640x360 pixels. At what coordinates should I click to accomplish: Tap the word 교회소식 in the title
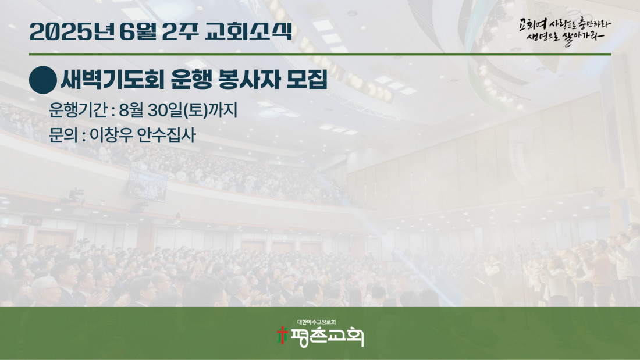tap(248, 31)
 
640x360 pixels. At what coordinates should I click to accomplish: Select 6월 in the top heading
tap(138, 31)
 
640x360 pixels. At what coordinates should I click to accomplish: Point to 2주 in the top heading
tap(180, 31)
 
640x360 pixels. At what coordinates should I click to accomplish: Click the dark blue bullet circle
tap(43, 80)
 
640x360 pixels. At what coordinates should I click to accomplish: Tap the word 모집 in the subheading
tap(307, 80)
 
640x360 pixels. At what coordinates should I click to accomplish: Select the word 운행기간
tap(78, 110)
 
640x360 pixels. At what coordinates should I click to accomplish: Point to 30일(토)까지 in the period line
tap(193, 110)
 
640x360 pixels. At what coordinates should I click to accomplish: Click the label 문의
tap(63, 135)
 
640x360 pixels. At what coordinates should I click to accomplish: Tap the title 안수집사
tap(166, 135)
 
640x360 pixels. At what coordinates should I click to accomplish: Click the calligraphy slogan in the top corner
tap(565, 31)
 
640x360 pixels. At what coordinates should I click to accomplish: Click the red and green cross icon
tap(282, 335)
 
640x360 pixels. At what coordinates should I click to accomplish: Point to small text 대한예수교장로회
tap(317, 322)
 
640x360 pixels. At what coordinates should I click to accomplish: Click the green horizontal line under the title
tap(320, 54)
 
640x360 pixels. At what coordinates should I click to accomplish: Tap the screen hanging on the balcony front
tap(147, 184)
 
